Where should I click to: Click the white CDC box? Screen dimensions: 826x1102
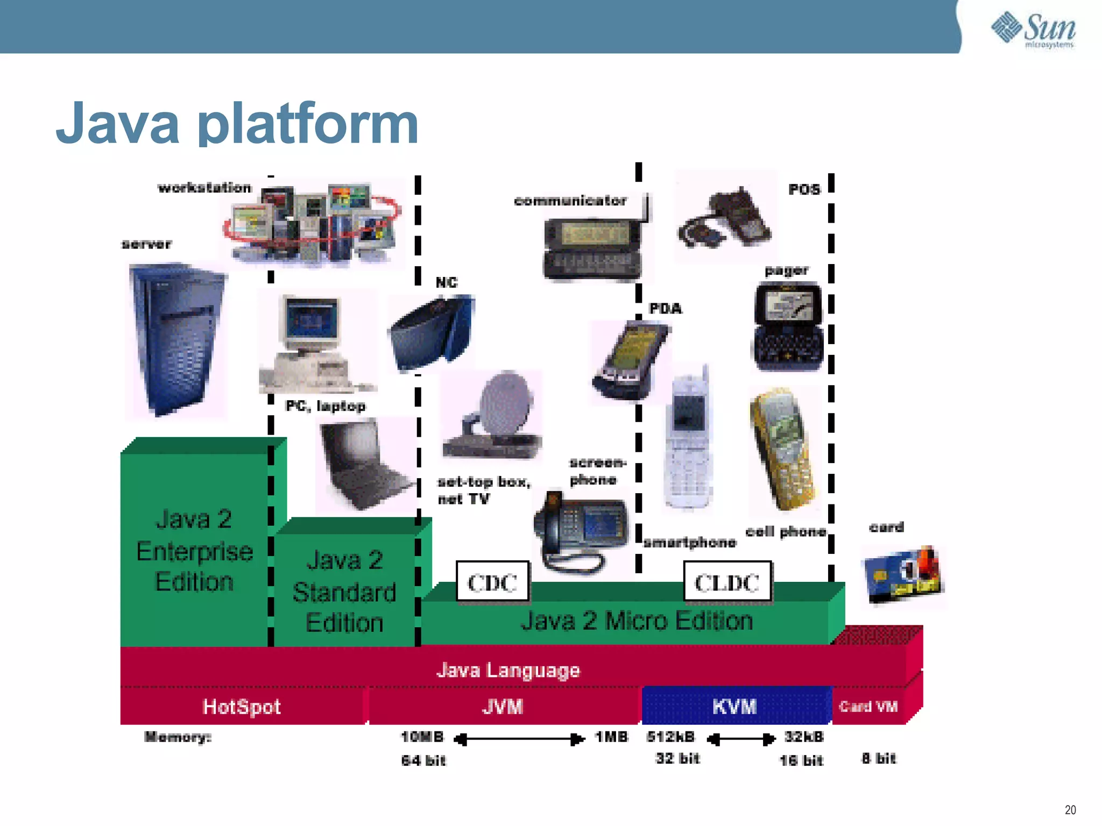[x=492, y=582]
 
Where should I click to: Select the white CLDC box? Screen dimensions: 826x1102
[x=727, y=582]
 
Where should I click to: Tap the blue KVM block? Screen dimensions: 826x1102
[x=735, y=706]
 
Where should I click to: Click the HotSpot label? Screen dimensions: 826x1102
[x=242, y=707]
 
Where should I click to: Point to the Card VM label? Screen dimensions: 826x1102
[x=868, y=707]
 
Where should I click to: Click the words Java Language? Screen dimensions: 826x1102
[x=508, y=671]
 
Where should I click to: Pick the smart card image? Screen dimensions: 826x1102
[x=903, y=575]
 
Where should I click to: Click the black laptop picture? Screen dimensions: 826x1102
[x=363, y=465]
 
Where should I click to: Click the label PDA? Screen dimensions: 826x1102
[x=666, y=309]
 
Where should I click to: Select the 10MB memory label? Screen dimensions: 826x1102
[x=422, y=737]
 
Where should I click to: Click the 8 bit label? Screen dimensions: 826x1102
[x=879, y=759]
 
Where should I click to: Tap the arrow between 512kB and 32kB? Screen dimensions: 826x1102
[x=740, y=739]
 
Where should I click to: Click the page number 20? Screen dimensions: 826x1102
[x=1070, y=810]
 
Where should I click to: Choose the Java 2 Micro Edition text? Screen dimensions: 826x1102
[x=637, y=621]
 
